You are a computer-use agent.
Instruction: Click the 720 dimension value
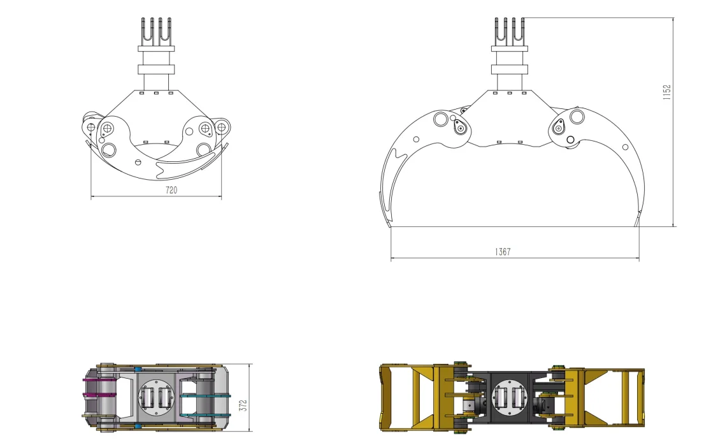[x=171, y=191]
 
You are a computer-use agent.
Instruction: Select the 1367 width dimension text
[x=503, y=252]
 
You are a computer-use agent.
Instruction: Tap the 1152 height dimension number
[x=667, y=92]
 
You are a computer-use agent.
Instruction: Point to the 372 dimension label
[x=243, y=404]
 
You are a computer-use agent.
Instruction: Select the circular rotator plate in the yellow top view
[x=508, y=398]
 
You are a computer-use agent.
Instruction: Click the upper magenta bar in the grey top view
[x=99, y=381]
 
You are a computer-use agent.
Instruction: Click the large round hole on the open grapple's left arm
[x=440, y=119]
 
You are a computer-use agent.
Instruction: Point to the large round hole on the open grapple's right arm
[x=577, y=117]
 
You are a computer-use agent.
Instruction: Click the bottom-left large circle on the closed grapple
[x=109, y=150]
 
